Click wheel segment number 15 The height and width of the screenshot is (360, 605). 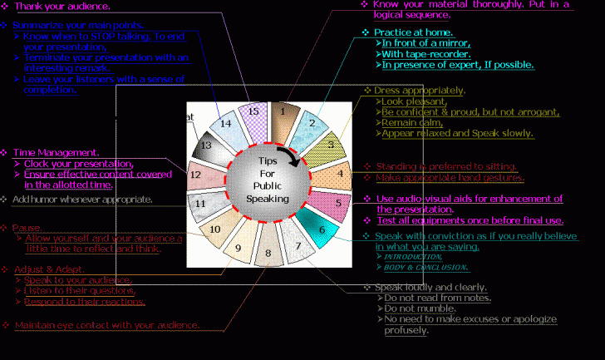point(253,112)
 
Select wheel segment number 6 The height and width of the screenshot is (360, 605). point(322,230)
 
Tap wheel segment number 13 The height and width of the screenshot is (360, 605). point(206,145)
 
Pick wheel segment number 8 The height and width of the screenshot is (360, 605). point(268,252)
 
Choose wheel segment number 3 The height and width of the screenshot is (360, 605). point(330,145)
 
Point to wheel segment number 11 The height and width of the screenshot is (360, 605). point(200,203)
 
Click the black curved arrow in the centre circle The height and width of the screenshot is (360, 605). point(288,155)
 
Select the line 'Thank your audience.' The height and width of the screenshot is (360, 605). point(61,7)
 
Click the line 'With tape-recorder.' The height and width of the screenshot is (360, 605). point(425,54)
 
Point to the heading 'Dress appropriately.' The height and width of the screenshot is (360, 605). point(420,90)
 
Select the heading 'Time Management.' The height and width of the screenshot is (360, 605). point(57,152)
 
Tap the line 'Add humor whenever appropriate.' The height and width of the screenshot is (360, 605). point(81,200)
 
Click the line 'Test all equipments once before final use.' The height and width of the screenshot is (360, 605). point(470,220)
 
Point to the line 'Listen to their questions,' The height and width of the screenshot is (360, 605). point(80,290)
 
